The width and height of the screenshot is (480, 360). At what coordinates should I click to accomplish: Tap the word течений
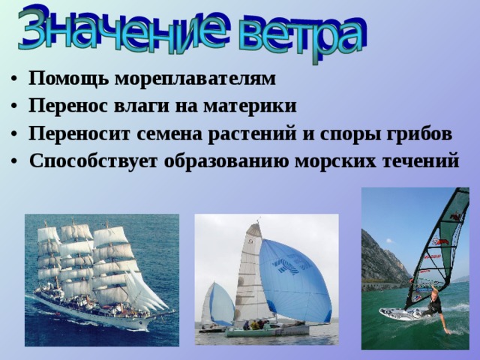click(421, 161)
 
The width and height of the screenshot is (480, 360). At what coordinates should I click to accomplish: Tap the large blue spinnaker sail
click(292, 281)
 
